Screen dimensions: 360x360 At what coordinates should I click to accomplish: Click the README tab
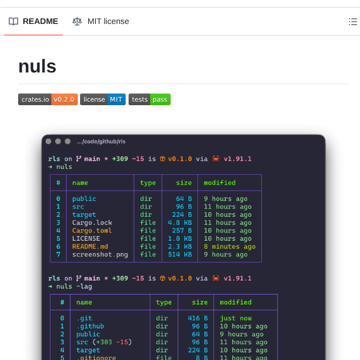click(x=34, y=22)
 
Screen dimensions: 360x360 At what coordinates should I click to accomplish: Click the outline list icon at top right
click(x=352, y=22)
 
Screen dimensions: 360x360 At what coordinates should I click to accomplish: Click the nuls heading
click(x=37, y=66)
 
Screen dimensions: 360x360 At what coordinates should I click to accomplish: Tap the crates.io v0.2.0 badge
click(x=47, y=99)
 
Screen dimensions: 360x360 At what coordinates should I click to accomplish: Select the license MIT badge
click(x=102, y=99)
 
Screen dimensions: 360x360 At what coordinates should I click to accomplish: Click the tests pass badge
click(x=150, y=99)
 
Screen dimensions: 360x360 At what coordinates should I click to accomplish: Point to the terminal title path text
click(x=101, y=141)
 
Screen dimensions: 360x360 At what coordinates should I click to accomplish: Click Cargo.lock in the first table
click(x=92, y=223)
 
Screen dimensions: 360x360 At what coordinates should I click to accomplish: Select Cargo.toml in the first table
click(x=92, y=231)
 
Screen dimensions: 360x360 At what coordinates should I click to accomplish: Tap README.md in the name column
click(x=90, y=247)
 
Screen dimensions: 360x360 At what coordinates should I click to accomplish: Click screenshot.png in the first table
click(x=100, y=255)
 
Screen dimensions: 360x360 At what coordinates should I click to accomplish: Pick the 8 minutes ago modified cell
click(x=230, y=247)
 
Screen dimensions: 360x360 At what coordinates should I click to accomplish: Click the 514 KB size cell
click(x=179, y=255)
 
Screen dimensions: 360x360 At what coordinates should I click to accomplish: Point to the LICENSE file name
click(x=86, y=238)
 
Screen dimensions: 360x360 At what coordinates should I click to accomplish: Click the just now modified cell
click(x=236, y=319)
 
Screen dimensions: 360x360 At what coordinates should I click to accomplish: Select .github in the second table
click(x=90, y=327)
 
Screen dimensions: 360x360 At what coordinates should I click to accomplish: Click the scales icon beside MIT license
click(x=77, y=22)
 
